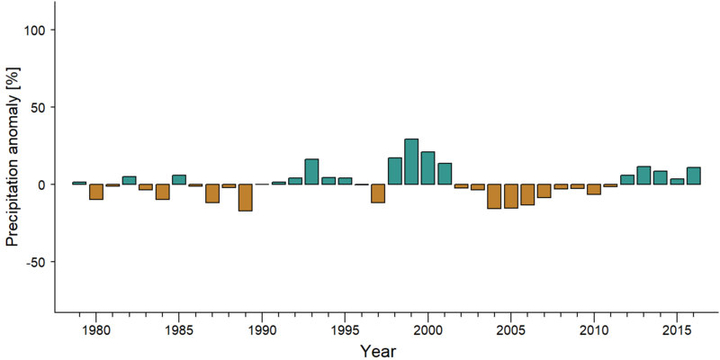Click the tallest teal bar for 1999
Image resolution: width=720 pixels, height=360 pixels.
click(411, 162)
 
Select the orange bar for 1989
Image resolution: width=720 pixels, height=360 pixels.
click(245, 197)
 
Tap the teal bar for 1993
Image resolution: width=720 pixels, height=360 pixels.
click(311, 172)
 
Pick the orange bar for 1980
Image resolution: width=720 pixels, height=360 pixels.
click(96, 192)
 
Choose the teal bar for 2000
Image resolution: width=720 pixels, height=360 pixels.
click(428, 168)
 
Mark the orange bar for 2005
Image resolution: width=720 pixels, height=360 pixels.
click(511, 196)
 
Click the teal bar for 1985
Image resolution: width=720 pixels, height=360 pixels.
click(179, 179)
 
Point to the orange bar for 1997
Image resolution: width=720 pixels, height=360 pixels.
click(378, 193)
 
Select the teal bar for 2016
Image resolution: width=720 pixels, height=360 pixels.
click(694, 175)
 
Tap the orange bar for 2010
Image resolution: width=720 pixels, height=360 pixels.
click(594, 189)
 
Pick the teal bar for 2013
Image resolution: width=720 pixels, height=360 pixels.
click(643, 175)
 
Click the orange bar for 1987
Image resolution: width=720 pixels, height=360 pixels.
click(212, 193)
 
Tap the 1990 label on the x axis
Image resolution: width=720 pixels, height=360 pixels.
click(262, 330)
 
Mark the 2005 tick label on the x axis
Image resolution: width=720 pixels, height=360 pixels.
click(511, 330)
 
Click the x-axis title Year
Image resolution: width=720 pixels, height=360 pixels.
click(377, 351)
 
